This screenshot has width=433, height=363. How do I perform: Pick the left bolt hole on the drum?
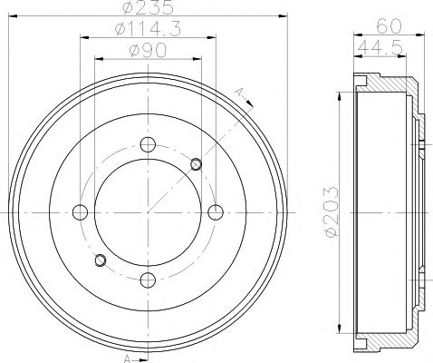80,212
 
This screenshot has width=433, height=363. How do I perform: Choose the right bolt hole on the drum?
215,212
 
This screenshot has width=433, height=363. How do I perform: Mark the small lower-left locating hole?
101,261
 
